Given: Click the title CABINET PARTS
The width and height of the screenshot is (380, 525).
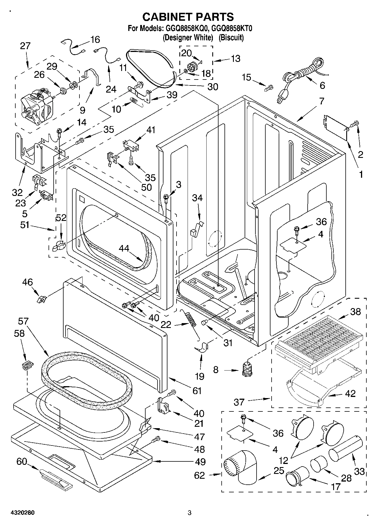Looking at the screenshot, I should click(x=188, y=17).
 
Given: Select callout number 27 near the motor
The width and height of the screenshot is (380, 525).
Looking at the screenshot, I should click(x=25, y=46).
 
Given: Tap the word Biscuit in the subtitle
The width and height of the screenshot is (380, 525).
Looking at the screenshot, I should click(x=231, y=37).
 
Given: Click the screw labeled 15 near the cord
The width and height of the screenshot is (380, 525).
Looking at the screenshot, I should click(x=268, y=88).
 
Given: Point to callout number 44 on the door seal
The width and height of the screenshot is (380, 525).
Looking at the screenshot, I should click(x=124, y=248).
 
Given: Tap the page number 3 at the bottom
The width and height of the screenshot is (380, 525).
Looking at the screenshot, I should click(x=190, y=513).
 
